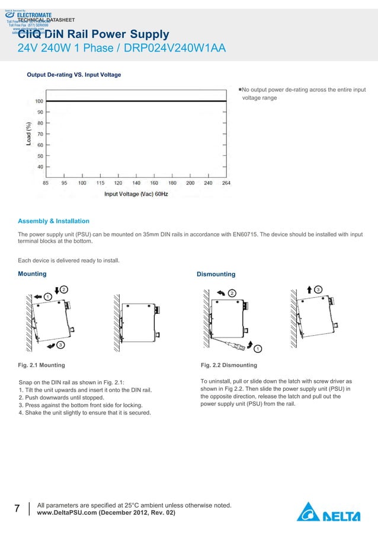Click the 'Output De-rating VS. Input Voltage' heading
tap(74, 75)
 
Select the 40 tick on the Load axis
tap(40, 167)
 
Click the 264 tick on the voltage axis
tap(226, 183)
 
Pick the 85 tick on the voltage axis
tap(46, 183)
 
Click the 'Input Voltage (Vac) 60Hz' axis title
tap(136, 194)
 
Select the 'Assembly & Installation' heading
tap(53, 221)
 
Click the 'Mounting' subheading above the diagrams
tap(32, 274)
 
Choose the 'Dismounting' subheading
tap(216, 274)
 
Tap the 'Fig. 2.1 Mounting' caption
tap(41, 365)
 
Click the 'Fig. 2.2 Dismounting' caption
tap(229, 365)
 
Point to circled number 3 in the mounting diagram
tap(61, 345)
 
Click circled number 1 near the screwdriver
tap(258, 348)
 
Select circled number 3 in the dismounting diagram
tap(318, 289)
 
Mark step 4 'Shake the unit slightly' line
tap(85, 413)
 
